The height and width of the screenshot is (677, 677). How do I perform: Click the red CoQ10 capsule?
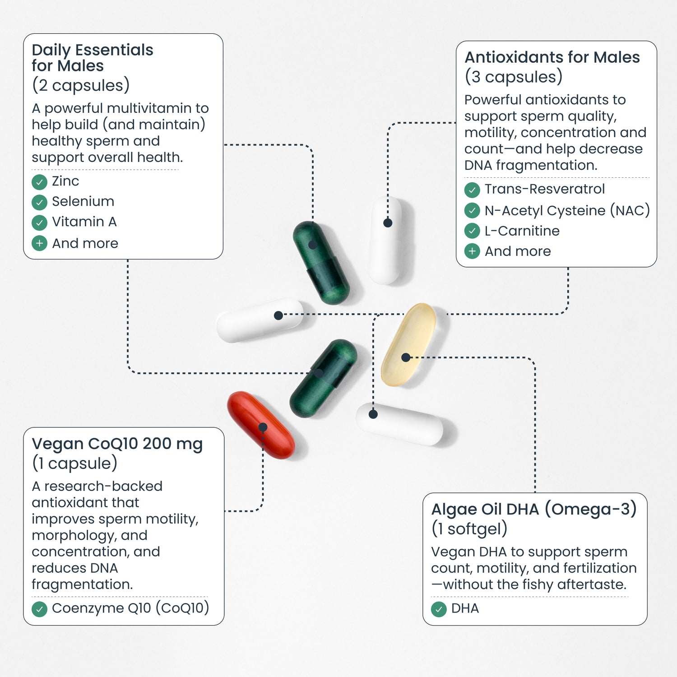coord(260,425)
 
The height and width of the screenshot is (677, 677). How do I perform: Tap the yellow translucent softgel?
coord(408,344)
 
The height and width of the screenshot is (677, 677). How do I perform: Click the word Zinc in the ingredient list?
coord(65,181)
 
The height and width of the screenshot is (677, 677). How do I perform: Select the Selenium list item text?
coord(83,201)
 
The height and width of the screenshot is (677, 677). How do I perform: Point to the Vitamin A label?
coord(84,222)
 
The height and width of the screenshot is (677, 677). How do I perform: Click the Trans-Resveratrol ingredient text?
coord(544,189)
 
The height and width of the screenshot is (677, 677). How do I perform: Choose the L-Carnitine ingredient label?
coord(522,231)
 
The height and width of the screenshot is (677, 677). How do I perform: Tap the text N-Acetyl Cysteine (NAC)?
coord(567,210)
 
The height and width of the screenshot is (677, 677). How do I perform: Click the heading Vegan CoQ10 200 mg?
coord(117,444)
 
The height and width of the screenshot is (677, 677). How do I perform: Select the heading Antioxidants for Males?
coord(552,57)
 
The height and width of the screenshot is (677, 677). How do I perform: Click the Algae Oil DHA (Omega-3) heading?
coord(533,509)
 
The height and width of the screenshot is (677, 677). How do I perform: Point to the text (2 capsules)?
coord(81,85)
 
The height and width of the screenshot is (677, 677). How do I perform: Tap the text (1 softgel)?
coord(469,529)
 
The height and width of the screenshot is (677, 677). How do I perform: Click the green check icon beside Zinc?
coord(40,182)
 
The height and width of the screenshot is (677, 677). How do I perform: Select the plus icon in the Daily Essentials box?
coord(40,243)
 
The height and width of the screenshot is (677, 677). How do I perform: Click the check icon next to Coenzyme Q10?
coord(40,609)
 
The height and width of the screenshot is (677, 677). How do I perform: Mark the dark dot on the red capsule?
coord(263,427)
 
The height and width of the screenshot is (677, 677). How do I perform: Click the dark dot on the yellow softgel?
coord(406,357)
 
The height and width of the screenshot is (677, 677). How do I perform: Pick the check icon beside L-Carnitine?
coord(472,231)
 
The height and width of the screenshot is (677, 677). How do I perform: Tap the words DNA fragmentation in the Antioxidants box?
coord(530,165)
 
